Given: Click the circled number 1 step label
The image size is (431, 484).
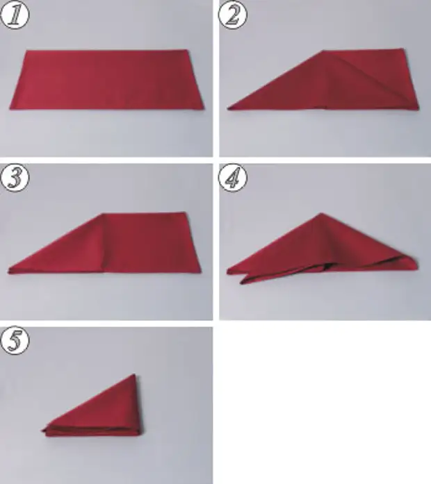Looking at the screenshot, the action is point(15,15).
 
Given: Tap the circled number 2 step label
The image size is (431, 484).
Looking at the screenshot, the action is point(233,15).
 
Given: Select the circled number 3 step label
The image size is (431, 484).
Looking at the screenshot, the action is point(15,178).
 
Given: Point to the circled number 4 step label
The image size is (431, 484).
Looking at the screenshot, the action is point(233,178).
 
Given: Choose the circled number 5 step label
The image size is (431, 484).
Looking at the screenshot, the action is point(15,340).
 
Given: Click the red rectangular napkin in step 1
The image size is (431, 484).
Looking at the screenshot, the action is point(107,80).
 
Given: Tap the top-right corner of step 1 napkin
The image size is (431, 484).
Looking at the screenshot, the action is point(187,50).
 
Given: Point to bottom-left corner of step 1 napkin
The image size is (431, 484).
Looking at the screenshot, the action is point(10,109).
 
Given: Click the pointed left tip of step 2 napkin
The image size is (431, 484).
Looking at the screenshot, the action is point(228,108).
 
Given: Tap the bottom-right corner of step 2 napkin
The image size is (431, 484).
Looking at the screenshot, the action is point(418,108).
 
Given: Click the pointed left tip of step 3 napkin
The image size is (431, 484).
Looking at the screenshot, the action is point(8,272).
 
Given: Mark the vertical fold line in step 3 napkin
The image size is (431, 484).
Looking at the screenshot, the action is point(103,243).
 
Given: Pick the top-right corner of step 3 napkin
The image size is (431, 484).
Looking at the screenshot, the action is point(186,212).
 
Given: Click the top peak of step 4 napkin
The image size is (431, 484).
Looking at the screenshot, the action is point(321,213).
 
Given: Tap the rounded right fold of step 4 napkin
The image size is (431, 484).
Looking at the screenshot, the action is point(414,263).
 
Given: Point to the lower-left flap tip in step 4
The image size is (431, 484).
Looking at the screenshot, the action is point(241,283).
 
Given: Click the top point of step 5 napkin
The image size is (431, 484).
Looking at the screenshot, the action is point(135,374).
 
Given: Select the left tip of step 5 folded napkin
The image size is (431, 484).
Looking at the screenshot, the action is point(42,430).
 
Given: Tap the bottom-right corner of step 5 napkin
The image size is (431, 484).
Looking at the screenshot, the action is point(142,435).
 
